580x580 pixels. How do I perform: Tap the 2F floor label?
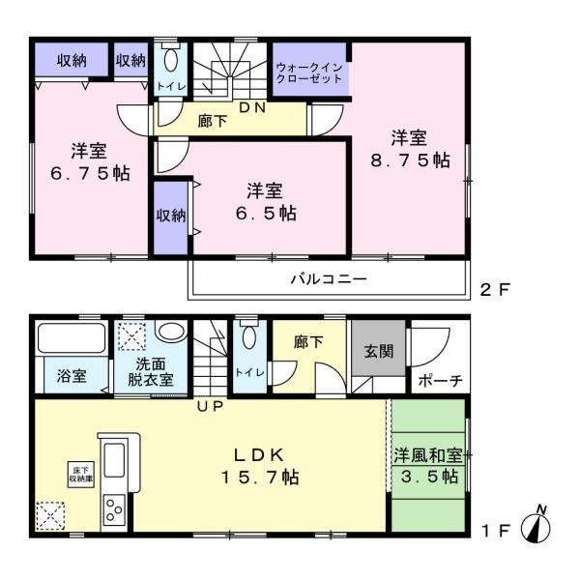point(495,290)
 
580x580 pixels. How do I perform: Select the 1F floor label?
point(495,531)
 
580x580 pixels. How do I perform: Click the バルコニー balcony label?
point(329,278)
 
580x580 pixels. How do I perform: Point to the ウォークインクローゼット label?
point(309,73)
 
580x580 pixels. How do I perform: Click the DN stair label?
point(252,107)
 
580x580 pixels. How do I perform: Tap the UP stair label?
point(210,406)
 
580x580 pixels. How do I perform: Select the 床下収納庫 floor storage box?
point(81,475)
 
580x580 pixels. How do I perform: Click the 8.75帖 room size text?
point(410,160)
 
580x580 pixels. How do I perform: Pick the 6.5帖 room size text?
point(266,213)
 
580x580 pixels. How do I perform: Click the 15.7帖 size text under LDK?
point(260,477)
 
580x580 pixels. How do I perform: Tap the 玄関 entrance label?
point(378,351)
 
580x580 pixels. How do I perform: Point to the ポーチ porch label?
point(440,380)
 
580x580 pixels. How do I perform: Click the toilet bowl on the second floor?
point(170,59)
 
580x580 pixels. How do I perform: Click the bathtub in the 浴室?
point(72,338)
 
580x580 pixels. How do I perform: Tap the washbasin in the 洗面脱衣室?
point(171,331)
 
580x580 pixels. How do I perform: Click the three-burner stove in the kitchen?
point(114,510)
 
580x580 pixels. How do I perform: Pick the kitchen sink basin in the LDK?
point(114,460)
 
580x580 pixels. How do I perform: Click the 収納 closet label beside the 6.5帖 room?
point(170,216)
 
